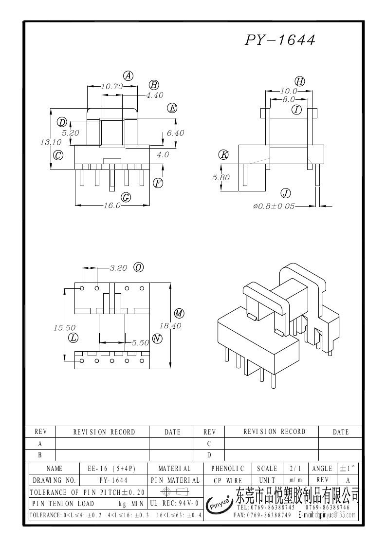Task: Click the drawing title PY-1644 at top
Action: tap(280, 40)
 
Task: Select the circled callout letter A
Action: tap(128, 75)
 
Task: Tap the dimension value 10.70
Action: tap(111, 86)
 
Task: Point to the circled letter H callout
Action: tap(300, 81)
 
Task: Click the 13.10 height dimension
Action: tap(51, 142)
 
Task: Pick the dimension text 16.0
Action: tap(112, 206)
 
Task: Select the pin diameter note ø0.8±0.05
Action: tap(274, 206)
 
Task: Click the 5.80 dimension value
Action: tap(221, 178)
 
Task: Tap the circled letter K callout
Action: tap(223, 155)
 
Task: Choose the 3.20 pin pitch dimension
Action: tap(118, 268)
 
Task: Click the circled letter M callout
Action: tap(179, 313)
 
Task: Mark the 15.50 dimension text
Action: tap(64, 328)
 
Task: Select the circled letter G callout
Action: tap(126, 197)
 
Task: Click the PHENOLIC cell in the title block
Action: tap(227, 469)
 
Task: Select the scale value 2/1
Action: tap(295, 469)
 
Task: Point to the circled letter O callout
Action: tap(139, 267)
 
